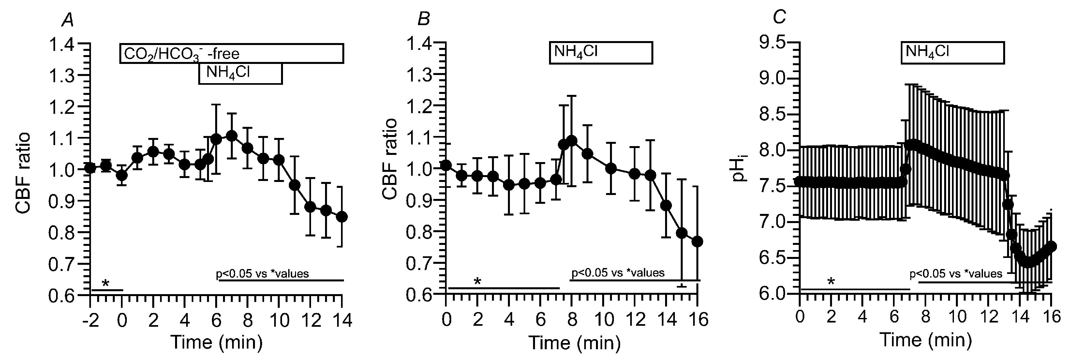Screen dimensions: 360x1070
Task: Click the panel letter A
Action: pyautogui.click(x=68, y=19)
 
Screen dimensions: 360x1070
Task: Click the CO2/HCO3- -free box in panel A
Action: pyautogui.click(x=231, y=53)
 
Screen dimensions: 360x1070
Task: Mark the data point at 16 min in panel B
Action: pyautogui.click(x=697, y=242)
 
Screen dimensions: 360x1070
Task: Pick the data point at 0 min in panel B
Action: pyautogui.click(x=446, y=166)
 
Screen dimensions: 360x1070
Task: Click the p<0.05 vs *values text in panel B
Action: pyautogui.click(x=618, y=273)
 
